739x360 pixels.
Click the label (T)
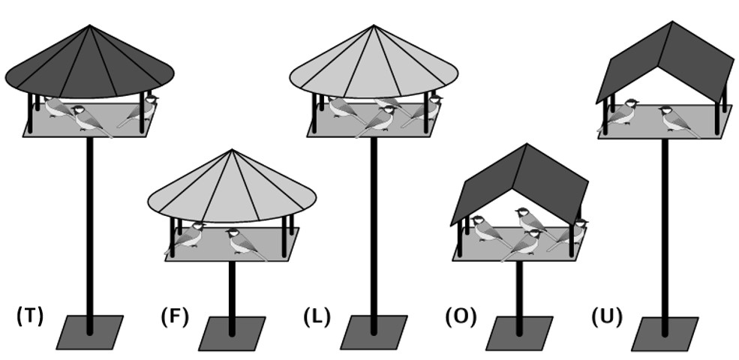(x=30, y=316)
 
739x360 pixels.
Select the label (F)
(x=174, y=316)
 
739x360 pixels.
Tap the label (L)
(x=317, y=316)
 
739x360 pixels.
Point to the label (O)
(x=461, y=316)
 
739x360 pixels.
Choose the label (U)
(x=606, y=316)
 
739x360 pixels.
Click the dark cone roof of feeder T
(x=90, y=66)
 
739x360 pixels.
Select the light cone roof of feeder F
(x=231, y=190)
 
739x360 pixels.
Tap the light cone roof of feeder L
(x=374, y=66)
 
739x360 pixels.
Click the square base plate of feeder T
(x=90, y=333)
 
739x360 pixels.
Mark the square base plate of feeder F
(x=232, y=334)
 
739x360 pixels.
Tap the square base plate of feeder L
(x=374, y=333)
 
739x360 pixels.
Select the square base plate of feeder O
(x=519, y=334)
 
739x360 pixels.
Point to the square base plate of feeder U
(x=665, y=334)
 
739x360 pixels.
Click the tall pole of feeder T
(x=90, y=235)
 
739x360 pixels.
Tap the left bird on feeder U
(x=619, y=115)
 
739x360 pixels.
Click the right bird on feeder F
(x=245, y=244)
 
